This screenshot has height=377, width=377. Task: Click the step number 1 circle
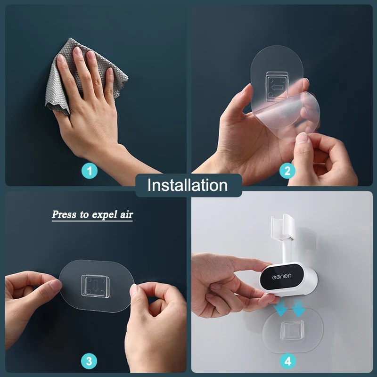[x=90, y=171]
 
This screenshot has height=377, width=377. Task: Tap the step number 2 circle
[x=287, y=171]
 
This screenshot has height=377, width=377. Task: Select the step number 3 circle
[x=89, y=361]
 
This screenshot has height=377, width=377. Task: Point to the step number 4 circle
[x=288, y=361]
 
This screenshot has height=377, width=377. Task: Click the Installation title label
[x=188, y=185]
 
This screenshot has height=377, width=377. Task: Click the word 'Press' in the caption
[x=64, y=214]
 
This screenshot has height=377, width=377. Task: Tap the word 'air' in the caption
[x=126, y=214]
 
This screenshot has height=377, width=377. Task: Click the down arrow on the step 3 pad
[x=96, y=286]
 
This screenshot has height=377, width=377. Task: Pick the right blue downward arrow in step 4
[x=299, y=309]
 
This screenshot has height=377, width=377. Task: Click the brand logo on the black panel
[x=282, y=277]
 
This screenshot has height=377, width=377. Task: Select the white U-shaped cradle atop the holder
[x=282, y=227]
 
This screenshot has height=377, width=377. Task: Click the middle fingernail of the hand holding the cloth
[x=77, y=51]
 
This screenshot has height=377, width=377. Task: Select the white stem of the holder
[x=287, y=251]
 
